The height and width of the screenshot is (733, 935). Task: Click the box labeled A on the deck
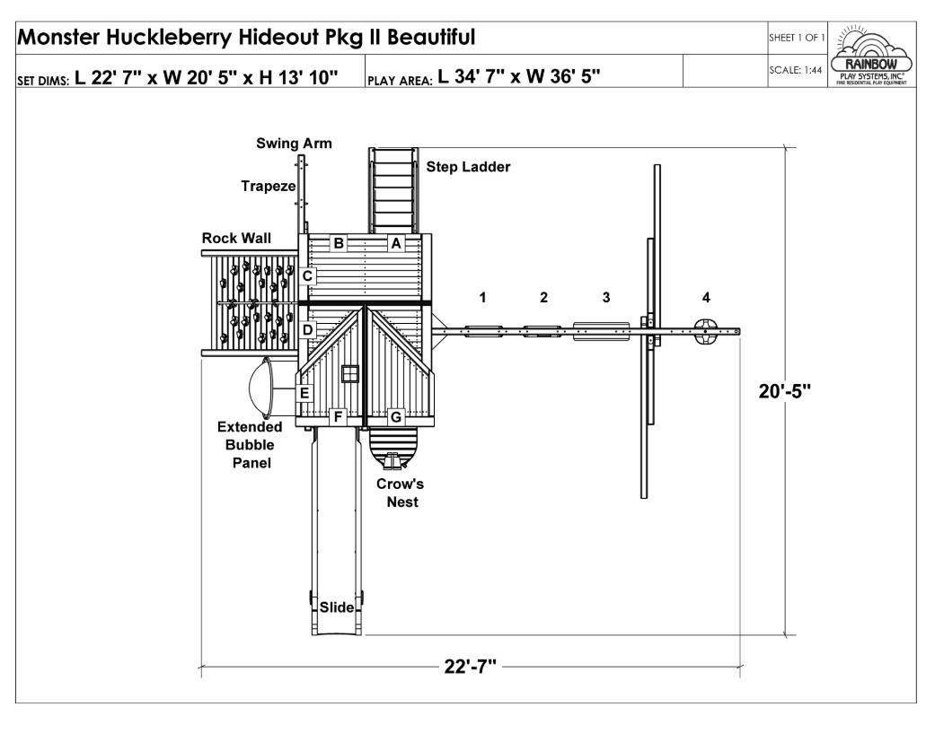394,242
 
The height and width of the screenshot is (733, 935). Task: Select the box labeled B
339,242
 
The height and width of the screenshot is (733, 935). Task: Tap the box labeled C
307,276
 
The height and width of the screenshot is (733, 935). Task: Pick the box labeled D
307,330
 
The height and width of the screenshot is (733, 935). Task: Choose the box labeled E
304,393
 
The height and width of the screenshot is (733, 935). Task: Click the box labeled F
338,416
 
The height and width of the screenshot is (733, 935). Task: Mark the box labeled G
394,416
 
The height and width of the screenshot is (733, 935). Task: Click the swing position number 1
482,297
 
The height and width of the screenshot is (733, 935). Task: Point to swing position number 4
706,297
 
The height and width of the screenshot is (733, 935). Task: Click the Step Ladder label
468,167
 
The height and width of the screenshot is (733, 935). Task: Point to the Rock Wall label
236,239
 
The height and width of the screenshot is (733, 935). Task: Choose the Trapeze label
268,186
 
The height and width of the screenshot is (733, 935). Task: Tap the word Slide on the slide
338,608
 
